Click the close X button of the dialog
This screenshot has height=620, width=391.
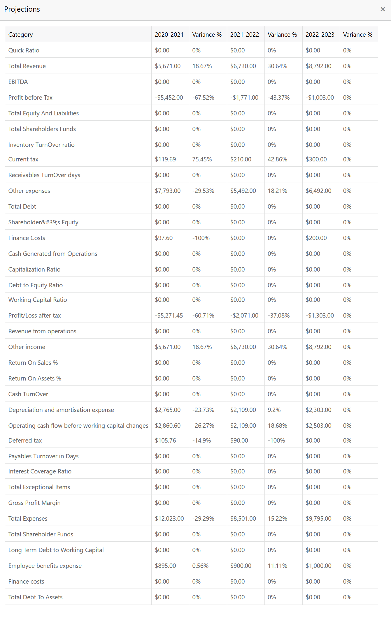383,9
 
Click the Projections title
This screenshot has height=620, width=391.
22,9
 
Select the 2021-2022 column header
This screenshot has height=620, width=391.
244,35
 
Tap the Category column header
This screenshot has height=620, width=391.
20,35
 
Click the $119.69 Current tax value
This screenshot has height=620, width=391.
165,159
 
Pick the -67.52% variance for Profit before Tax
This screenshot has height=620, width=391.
203,98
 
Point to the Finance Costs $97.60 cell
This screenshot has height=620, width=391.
164,238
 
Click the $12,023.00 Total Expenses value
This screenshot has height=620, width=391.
169,519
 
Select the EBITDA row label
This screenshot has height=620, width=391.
18,82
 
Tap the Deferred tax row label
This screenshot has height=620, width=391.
25,441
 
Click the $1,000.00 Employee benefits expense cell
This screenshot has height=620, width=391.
318,566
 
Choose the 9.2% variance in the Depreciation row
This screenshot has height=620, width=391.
274,410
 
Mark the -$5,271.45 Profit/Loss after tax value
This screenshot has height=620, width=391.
169,316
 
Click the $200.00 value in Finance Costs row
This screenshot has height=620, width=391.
316,238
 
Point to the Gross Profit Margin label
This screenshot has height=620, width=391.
34,503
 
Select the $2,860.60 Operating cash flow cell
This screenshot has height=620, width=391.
168,426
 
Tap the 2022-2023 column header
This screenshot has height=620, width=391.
320,35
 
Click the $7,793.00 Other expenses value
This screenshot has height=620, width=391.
168,191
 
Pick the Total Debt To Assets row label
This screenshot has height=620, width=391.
35,597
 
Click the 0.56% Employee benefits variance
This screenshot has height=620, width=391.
200,566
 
